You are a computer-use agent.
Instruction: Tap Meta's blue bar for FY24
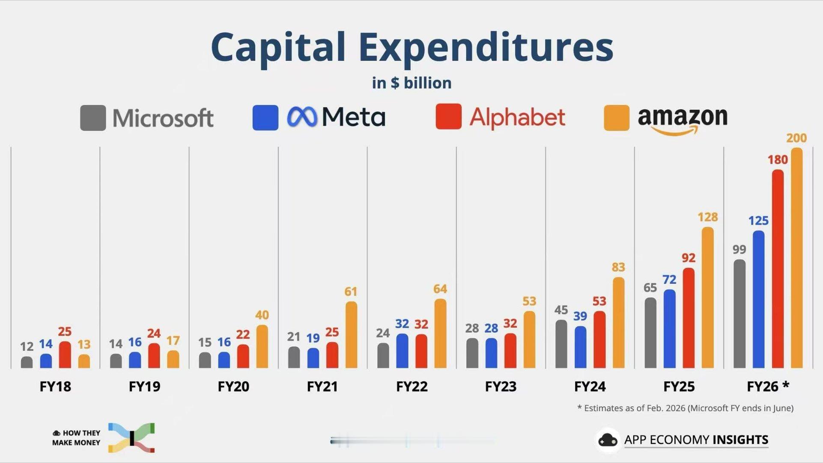coord(580,347)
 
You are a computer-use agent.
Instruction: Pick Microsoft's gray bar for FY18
coord(27,362)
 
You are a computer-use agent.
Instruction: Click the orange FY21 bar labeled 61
coord(351,335)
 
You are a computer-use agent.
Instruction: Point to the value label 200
coord(796,138)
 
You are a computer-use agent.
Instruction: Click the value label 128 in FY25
coord(707,217)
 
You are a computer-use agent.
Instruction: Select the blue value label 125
coord(758,221)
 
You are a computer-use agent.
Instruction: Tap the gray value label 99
coord(739,250)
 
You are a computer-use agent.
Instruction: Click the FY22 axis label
coord(411,387)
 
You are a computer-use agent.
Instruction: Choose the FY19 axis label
coord(144,387)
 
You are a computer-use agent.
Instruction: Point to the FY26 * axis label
coord(768,387)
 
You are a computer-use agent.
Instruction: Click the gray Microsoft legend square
coord(93,118)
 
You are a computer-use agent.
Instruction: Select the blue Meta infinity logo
coord(302,117)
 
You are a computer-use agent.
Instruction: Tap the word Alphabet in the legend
coord(517,117)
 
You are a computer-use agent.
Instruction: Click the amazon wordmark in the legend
coord(682,118)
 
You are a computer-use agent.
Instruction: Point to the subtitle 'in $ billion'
coord(411,83)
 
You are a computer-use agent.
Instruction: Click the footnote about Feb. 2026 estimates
coord(685,408)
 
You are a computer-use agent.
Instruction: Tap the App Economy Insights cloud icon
coord(608,440)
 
